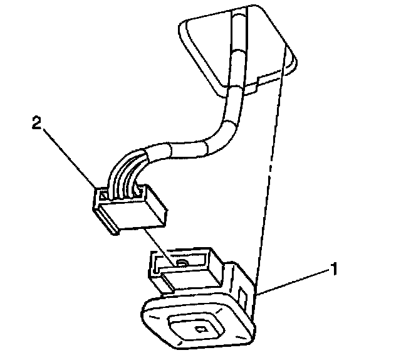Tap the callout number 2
click(x=36, y=124)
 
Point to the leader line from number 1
click(x=294, y=283)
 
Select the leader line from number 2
click(x=69, y=157)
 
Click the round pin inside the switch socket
click(x=182, y=263)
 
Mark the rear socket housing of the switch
click(x=188, y=267)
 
